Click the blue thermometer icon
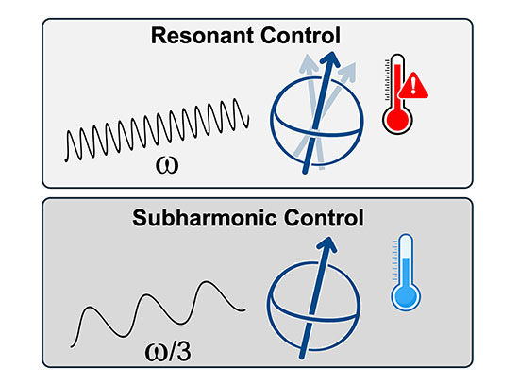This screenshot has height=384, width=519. click(406, 275)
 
